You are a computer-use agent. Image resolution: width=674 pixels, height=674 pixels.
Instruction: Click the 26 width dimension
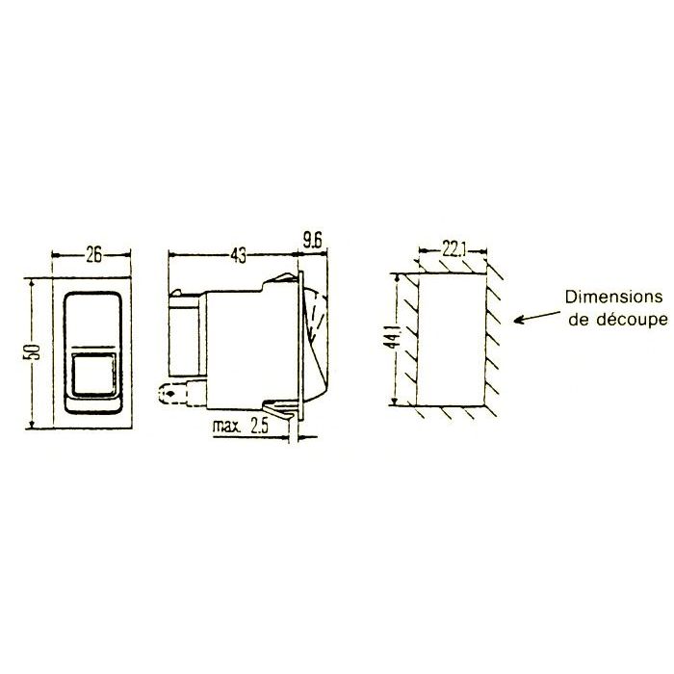[x=92, y=255]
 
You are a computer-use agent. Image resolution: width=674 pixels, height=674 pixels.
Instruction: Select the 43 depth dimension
[x=238, y=255]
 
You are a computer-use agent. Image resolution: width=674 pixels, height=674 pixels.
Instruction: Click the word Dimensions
[x=614, y=297]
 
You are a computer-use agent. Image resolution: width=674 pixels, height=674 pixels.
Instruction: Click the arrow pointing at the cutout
[x=534, y=315]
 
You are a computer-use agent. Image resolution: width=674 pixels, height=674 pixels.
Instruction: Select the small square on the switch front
[x=93, y=373]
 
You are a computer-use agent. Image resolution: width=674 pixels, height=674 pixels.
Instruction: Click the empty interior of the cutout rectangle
[x=449, y=337]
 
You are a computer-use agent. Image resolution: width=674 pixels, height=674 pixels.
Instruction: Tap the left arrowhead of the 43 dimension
[x=172, y=255]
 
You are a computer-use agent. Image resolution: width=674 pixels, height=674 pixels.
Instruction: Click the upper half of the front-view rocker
[x=93, y=323]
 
